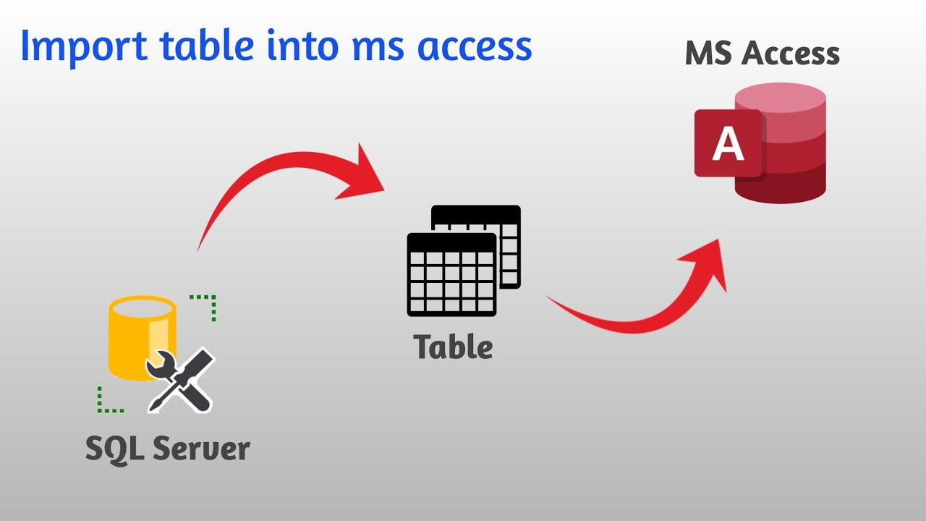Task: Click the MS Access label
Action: click(762, 54)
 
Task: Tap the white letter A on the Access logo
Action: click(728, 143)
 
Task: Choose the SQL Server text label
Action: click(168, 449)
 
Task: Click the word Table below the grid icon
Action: click(454, 347)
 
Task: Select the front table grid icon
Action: click(451, 274)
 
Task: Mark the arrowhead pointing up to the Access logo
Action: click(709, 260)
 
